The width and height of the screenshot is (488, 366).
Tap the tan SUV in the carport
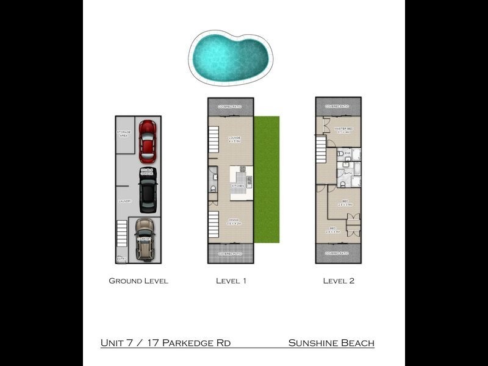(145, 239)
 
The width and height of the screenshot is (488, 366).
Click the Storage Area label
(123, 134)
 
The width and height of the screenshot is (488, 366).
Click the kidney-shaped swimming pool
(230, 57)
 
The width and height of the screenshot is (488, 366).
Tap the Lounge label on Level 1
(235, 140)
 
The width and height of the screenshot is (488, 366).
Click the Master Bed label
(344, 130)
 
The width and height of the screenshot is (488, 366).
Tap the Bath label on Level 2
(348, 173)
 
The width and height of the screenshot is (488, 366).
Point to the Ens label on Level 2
(347, 153)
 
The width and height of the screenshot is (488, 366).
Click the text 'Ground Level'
(138, 281)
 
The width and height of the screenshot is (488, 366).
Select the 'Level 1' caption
(231, 281)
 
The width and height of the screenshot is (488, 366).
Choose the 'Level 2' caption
(339, 281)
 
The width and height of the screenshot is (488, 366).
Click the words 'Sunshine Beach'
(331, 343)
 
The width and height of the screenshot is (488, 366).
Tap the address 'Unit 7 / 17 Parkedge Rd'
(165, 343)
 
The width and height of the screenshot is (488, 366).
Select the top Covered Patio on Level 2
(338, 106)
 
